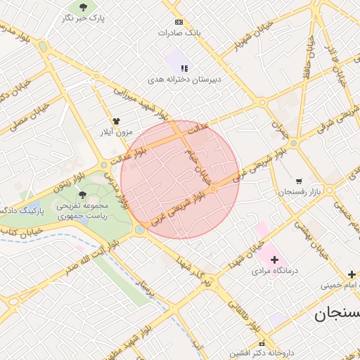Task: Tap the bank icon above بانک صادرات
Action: pos(179,22)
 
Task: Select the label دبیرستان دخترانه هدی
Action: pos(184,80)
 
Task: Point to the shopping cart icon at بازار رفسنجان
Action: pos(299,181)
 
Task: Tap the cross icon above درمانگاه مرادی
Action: pos(274,259)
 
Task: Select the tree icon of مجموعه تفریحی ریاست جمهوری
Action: pos(83,195)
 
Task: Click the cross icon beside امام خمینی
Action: pos(352,274)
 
